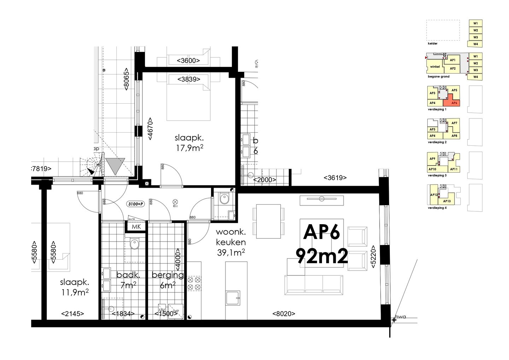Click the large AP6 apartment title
pos(321,232)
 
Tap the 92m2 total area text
pos(322,256)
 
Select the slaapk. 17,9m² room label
pos(189,143)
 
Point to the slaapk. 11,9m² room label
pos(74,287)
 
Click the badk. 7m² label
pos(128,280)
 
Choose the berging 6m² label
pos(168,280)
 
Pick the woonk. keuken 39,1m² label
pos(231,242)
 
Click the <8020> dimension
pos(283,313)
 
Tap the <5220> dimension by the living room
pos(373,257)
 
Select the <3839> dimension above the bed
pos(189,79)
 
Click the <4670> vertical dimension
pos(150,129)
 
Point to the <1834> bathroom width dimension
pos(123,314)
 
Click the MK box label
pos(136,227)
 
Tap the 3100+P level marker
pos(136,204)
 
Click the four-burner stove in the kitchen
pos(194,283)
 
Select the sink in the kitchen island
pos(233,298)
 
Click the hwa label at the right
pos(400,317)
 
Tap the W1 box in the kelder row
pos(475,23)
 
